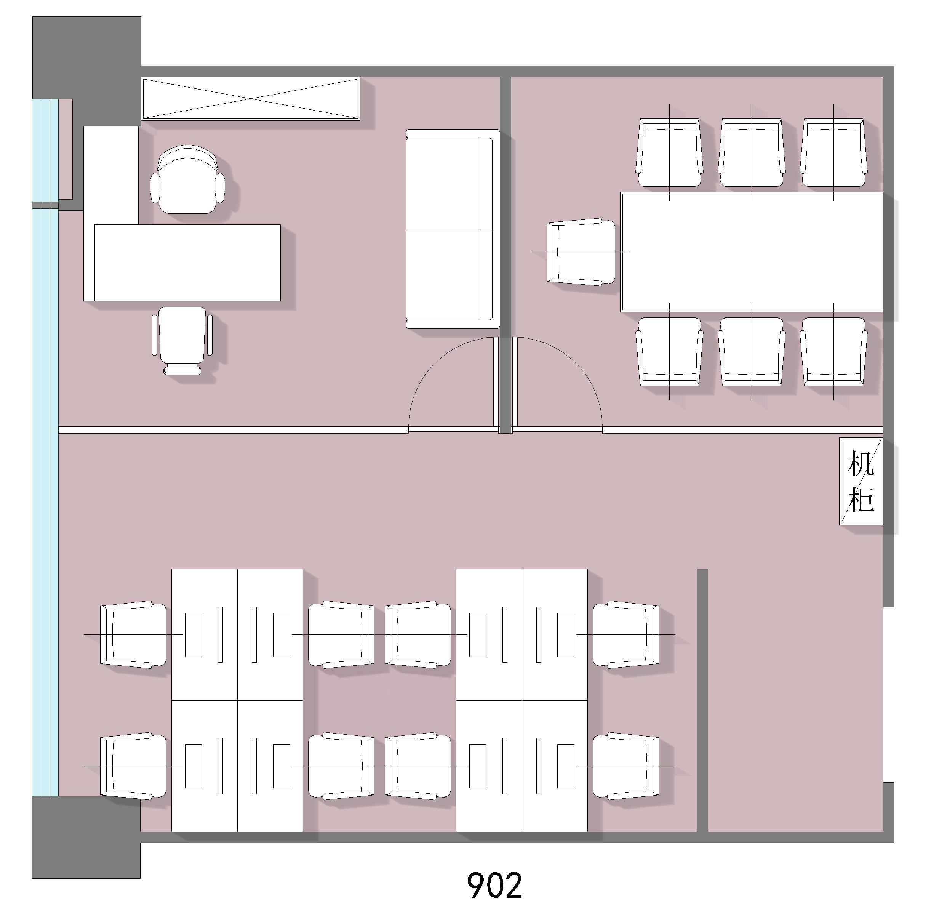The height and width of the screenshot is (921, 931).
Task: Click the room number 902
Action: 494,885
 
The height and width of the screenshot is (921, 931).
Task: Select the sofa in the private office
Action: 453,229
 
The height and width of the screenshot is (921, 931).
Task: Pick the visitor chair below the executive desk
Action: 182,340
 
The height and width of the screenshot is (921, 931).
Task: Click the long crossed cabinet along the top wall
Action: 251,99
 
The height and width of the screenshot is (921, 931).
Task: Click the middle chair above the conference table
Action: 752,152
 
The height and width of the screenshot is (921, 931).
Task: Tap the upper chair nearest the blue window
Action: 133,634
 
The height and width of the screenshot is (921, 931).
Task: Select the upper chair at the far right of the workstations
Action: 626,634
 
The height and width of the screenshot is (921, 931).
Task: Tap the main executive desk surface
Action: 187,263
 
